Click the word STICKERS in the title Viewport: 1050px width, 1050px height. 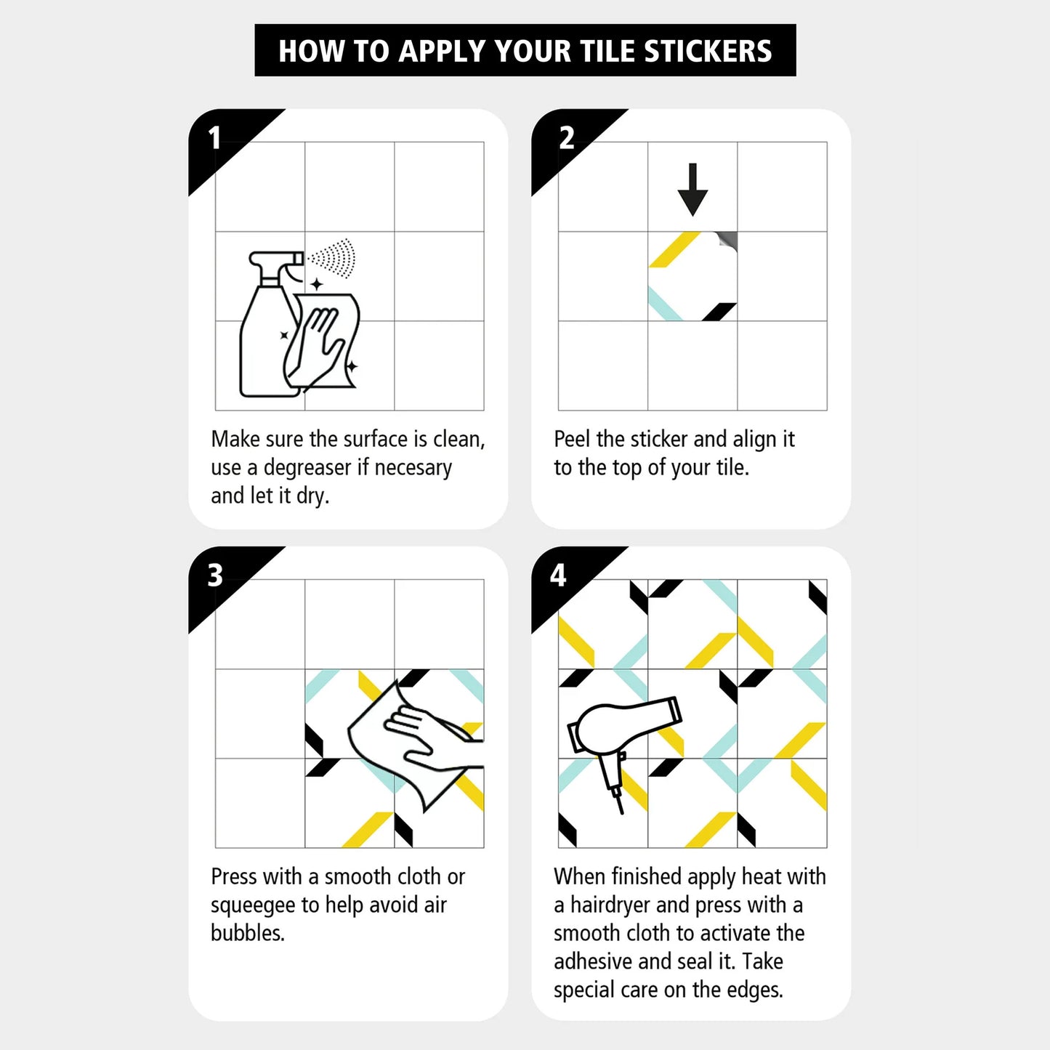(x=708, y=51)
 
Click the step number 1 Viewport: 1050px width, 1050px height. (x=214, y=138)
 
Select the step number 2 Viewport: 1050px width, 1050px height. (x=567, y=138)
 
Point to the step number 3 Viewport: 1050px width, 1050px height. (x=215, y=576)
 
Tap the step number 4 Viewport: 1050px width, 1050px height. (x=558, y=576)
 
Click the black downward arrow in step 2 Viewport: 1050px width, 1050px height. (x=692, y=190)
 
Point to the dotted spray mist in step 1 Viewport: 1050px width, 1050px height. (x=332, y=257)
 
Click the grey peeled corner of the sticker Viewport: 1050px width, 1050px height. (x=727, y=241)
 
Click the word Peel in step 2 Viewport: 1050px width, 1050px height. (x=572, y=439)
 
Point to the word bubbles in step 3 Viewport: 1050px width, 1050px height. (x=247, y=934)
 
